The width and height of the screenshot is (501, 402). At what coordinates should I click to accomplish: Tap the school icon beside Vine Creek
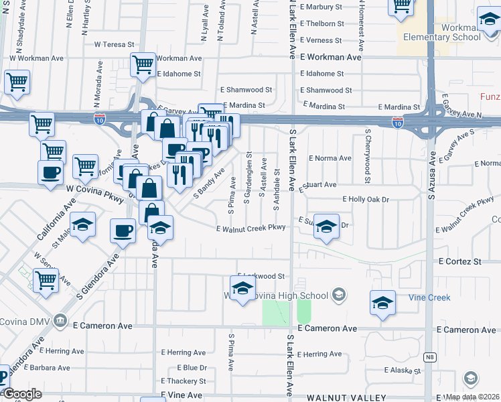[382, 303]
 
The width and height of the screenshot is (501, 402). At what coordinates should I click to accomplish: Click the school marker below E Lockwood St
[242, 289]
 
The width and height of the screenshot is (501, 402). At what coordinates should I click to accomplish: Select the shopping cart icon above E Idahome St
[143, 64]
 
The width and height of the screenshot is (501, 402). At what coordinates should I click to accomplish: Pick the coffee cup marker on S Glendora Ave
[122, 232]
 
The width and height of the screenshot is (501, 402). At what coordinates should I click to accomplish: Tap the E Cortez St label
[460, 262]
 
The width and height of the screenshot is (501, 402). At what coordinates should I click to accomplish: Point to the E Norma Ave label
[330, 159]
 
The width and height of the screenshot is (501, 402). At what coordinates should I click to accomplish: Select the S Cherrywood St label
[368, 156]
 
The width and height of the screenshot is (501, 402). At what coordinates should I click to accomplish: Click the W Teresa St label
[115, 45]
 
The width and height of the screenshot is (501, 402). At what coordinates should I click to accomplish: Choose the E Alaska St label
[401, 370]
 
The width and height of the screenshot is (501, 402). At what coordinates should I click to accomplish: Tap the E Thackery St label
[184, 381]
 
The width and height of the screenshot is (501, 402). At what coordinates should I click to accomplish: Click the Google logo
[22, 394]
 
